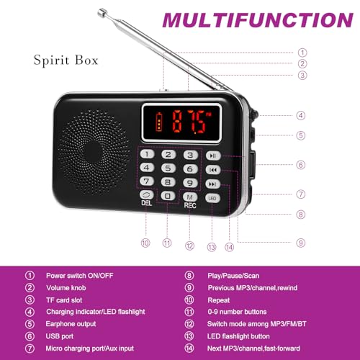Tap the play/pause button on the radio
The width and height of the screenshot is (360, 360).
point(213,156)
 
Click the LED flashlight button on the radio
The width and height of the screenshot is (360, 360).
point(212,198)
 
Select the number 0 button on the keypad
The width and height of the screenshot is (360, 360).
point(168,196)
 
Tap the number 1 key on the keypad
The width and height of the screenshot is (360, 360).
point(147,154)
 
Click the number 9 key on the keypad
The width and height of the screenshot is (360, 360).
point(190,183)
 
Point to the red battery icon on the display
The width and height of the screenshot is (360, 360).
point(159,122)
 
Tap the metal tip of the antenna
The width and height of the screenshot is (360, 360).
point(102,12)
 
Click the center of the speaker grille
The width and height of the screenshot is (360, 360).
point(92,152)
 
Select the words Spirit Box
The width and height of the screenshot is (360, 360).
point(66,60)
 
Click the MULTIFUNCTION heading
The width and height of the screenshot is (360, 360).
point(258,20)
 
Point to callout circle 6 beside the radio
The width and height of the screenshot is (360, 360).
point(301,165)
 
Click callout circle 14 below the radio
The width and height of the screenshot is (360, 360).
point(229,247)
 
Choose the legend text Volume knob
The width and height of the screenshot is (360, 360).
point(66,288)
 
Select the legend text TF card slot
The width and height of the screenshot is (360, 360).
point(64,300)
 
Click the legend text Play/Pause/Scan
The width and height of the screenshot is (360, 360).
point(233,276)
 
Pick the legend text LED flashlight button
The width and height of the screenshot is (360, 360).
point(238,336)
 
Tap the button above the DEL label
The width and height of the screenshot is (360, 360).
point(146,194)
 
